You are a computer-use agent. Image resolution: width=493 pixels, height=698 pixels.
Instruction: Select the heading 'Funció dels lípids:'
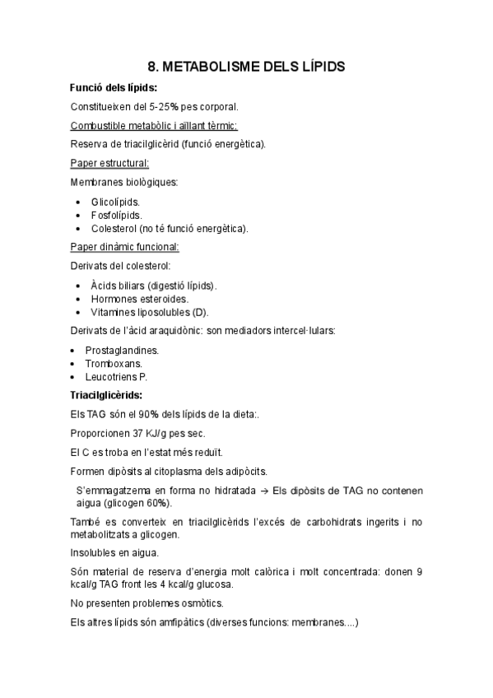(114, 86)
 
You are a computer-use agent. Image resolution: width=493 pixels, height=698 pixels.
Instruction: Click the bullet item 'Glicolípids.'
(115, 201)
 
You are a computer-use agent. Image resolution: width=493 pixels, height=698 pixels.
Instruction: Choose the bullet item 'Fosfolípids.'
(116, 214)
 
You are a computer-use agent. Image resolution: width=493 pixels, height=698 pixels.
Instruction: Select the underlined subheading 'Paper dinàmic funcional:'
(125, 246)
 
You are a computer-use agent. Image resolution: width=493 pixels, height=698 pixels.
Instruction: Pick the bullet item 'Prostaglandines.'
(122, 350)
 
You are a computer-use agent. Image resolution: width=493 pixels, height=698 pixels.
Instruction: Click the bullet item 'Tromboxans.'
(114, 363)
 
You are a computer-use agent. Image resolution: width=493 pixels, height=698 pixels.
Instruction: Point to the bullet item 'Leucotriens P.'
(116, 376)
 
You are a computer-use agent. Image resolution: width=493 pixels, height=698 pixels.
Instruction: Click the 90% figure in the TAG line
(158, 414)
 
